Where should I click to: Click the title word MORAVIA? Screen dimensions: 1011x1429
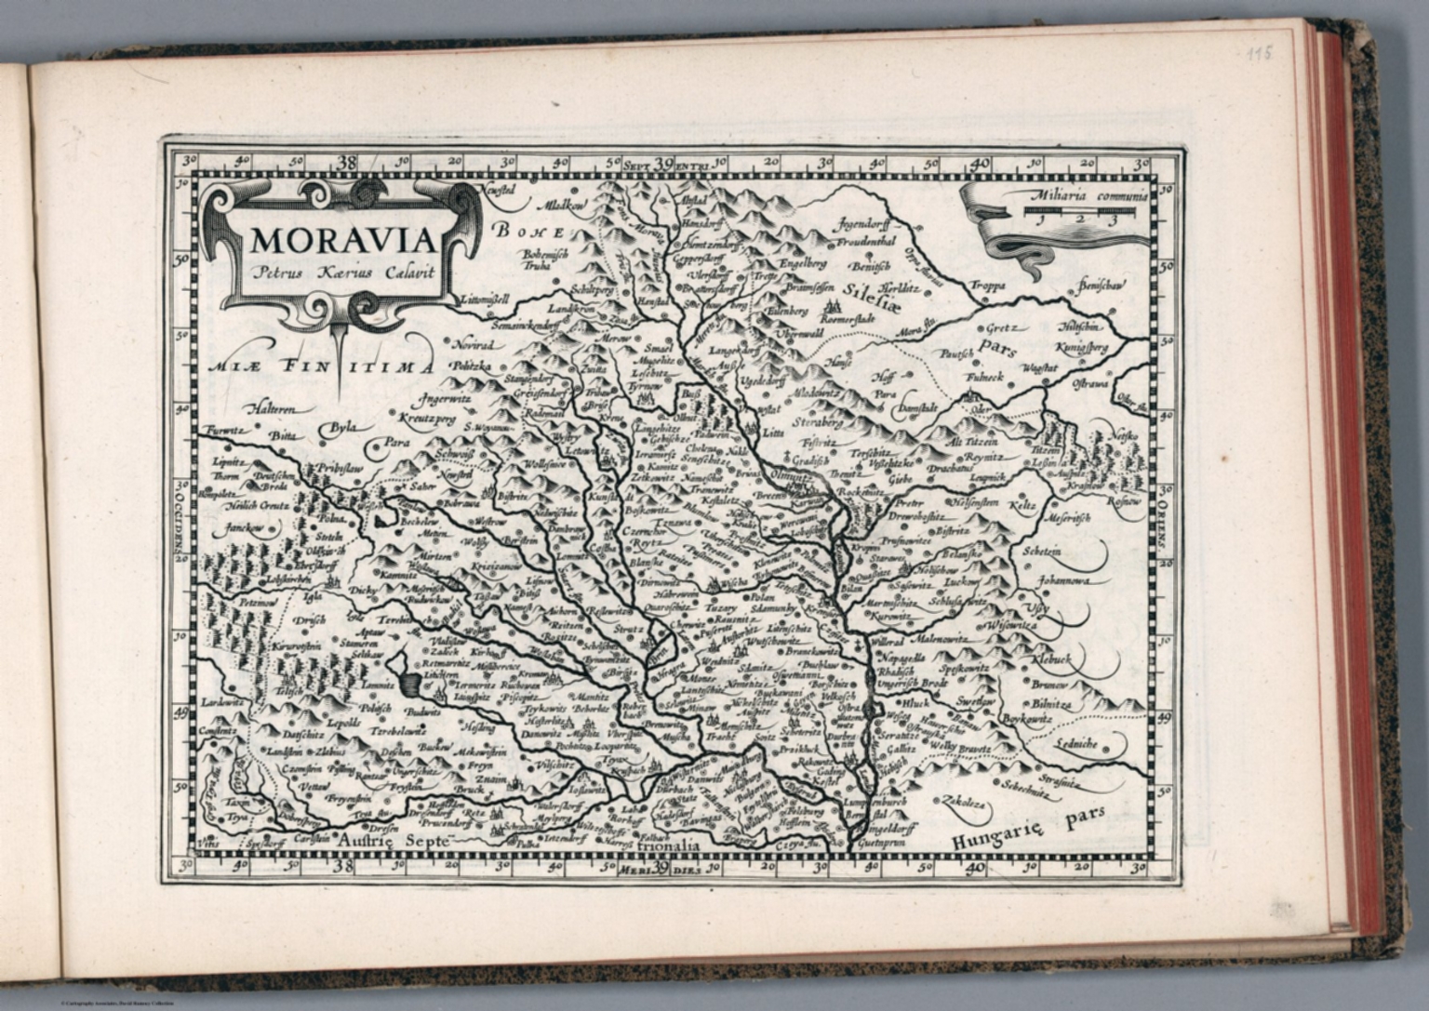point(342,240)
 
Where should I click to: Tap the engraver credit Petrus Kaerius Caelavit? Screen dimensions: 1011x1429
point(341,273)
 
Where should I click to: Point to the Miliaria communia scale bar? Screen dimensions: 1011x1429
point(1081,213)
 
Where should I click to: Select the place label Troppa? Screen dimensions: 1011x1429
point(989,286)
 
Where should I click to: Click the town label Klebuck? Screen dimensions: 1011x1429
point(1051,658)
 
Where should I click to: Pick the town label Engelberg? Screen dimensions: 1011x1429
point(803,262)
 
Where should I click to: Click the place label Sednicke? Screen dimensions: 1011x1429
point(1077,745)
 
